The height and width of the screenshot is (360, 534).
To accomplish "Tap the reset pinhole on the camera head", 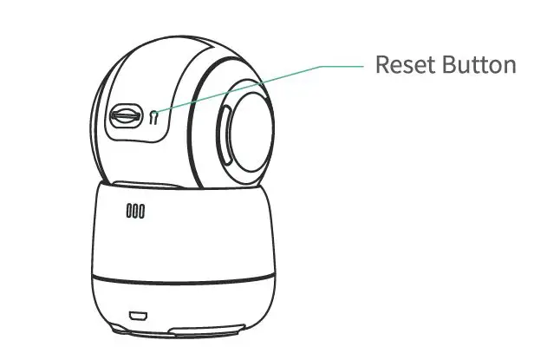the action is point(154,116).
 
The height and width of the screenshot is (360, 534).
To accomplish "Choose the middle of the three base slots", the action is point(135,210).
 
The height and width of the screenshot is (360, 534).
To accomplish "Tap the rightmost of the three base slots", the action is point(141,210).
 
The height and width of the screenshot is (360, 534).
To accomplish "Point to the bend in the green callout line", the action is point(323,66).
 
